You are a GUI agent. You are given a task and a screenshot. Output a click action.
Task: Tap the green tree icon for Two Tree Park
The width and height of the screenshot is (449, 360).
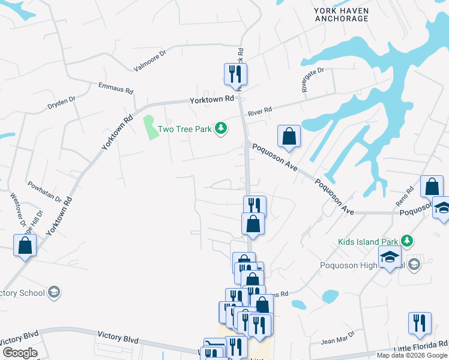click(x=221, y=128)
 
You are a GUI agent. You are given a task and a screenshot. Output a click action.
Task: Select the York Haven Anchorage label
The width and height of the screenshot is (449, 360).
click(x=342, y=14)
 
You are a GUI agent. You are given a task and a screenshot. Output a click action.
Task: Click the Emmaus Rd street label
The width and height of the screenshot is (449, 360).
click(x=115, y=89)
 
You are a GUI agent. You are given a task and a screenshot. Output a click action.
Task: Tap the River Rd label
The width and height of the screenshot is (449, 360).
click(x=260, y=110)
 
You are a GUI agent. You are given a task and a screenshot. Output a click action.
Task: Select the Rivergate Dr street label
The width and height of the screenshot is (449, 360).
click(x=313, y=79)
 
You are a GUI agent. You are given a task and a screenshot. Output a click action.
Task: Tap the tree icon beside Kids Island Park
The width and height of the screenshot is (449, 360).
click(x=408, y=241)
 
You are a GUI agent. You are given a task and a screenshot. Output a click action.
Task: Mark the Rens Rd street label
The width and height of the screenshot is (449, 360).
click(x=409, y=193)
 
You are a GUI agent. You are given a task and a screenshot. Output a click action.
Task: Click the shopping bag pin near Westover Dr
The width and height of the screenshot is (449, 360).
click(x=25, y=245)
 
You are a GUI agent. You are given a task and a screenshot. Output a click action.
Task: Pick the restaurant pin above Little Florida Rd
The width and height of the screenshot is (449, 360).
click(x=420, y=323)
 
